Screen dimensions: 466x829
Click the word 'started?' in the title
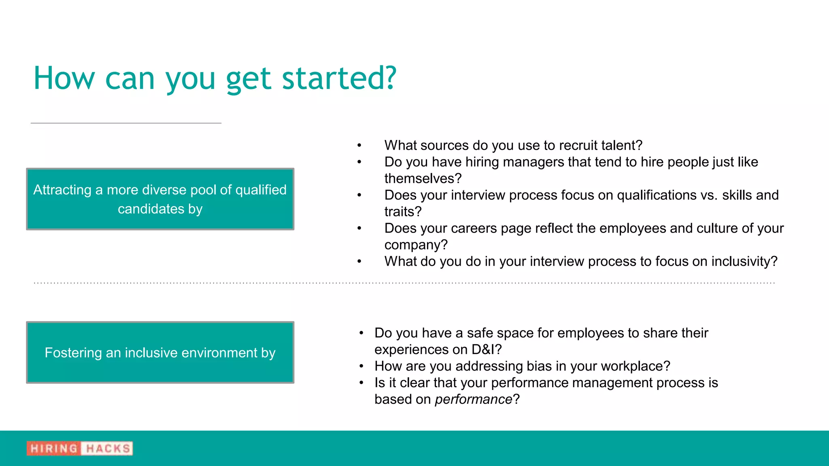pyautogui.click(x=339, y=78)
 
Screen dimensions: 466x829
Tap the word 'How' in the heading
pyautogui.click(x=64, y=78)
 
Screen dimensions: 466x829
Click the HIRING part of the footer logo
pyautogui.click(x=54, y=448)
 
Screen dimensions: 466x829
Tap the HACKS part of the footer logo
pyautogui.click(x=108, y=448)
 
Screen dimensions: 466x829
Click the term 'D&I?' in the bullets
pyautogui.click(x=486, y=349)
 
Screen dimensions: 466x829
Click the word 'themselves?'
pyautogui.click(x=423, y=178)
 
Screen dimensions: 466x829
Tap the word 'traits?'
pyautogui.click(x=403, y=212)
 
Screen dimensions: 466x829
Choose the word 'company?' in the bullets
pyautogui.click(x=416, y=245)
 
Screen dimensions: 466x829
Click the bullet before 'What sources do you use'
pyautogui.click(x=359, y=145)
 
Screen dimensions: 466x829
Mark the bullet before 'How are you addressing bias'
pyautogui.click(x=361, y=366)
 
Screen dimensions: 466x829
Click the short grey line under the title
pyautogui.click(x=126, y=123)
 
